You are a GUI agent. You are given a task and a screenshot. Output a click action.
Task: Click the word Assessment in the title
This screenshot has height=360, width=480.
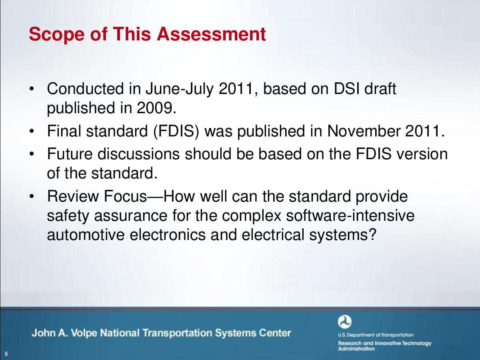[x=211, y=34]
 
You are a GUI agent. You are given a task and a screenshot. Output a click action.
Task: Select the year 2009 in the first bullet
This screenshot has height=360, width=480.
[x=156, y=108]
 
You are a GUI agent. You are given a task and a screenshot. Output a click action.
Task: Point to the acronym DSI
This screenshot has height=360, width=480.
[x=346, y=89]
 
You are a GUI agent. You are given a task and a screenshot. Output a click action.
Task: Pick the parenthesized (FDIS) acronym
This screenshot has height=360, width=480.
[x=176, y=132]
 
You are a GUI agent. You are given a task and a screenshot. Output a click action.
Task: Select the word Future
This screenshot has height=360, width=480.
[x=70, y=154]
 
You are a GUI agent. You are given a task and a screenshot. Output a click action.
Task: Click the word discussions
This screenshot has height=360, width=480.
[x=139, y=154]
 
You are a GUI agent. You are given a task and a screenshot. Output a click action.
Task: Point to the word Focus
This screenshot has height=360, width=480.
[x=125, y=196]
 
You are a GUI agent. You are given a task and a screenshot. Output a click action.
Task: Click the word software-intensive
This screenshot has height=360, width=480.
[x=350, y=216]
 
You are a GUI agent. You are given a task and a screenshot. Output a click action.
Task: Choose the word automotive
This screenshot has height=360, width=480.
[x=86, y=235]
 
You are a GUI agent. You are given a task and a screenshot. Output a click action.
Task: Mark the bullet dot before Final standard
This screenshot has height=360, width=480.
[x=32, y=131]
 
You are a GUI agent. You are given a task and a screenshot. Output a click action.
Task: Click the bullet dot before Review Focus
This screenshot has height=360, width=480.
[x=32, y=196]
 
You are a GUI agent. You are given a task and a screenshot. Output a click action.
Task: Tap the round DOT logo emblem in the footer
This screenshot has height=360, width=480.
[x=345, y=322]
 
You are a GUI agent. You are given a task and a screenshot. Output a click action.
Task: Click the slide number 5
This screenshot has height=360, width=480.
[x=6, y=354]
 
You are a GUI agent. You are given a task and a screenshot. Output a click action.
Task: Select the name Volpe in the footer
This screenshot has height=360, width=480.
[x=84, y=333]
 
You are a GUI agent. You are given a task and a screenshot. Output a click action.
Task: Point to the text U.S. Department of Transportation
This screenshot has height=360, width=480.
[x=376, y=335]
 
